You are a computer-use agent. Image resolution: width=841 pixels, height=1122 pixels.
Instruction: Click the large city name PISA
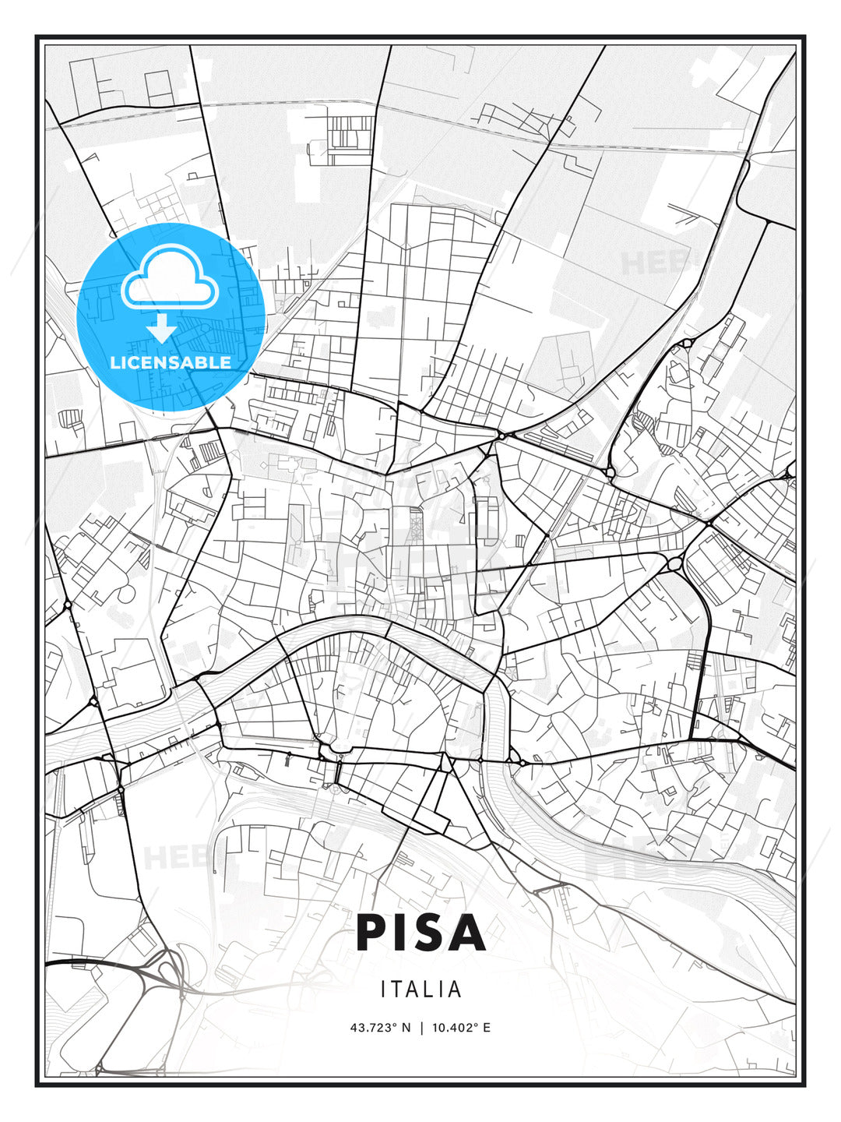pyautogui.click(x=420, y=933)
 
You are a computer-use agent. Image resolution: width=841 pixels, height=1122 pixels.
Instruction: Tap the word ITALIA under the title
pyautogui.click(x=420, y=990)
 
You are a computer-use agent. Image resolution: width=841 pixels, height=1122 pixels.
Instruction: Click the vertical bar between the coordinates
pyautogui.click(x=421, y=1028)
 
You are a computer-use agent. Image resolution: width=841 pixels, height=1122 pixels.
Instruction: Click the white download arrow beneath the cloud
pyautogui.click(x=162, y=328)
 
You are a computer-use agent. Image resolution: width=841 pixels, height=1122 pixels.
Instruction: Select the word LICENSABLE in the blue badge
pyautogui.click(x=171, y=362)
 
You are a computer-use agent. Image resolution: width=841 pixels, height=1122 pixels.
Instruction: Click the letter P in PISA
pyautogui.click(x=372, y=933)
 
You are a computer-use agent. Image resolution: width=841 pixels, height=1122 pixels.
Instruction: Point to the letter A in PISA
pyautogui.click(x=467, y=933)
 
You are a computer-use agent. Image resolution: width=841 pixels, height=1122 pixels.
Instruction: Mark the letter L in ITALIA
pyautogui.click(x=429, y=990)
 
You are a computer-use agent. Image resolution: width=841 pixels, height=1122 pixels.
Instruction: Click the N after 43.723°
pyautogui.click(x=406, y=1028)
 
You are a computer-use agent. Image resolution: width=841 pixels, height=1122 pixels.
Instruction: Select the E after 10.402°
pyautogui.click(x=487, y=1028)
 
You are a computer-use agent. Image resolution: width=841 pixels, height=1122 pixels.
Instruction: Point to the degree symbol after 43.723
pyautogui.click(x=395, y=1025)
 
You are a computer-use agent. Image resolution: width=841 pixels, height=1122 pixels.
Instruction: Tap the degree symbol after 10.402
pyautogui.click(x=476, y=1025)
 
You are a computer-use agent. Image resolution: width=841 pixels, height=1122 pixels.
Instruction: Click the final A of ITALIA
pyautogui.click(x=456, y=990)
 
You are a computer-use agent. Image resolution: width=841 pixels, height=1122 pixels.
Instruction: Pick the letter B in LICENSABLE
pyautogui.click(x=206, y=362)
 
